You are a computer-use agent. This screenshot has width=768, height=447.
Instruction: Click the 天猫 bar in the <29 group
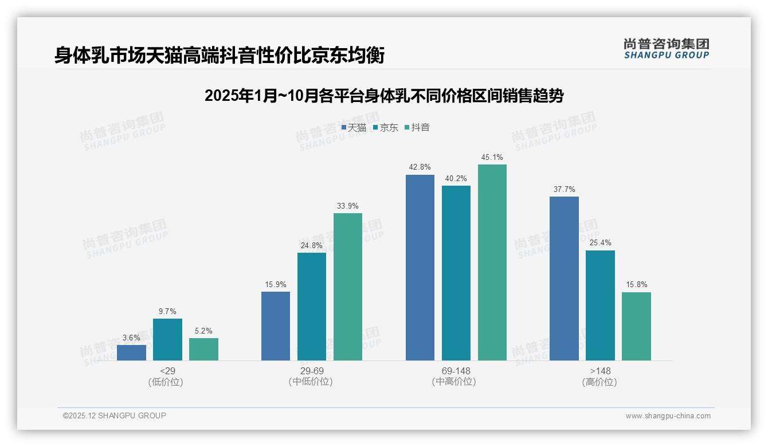coord(131,352)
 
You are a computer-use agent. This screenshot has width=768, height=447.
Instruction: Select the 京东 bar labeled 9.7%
coord(167,339)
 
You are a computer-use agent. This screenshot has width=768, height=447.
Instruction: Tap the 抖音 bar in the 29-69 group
coord(348,287)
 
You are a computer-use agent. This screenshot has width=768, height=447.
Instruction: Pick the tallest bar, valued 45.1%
coord(492,262)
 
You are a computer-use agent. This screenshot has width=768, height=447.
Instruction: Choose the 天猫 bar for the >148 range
coord(564,279)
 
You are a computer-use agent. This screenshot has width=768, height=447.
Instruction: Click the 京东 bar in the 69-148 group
coord(456,273)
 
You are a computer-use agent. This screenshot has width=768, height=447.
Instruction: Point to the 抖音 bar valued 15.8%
coord(636,326)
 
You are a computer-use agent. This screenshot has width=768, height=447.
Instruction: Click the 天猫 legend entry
coord(354,128)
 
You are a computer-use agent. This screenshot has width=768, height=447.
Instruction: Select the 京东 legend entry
coord(386,128)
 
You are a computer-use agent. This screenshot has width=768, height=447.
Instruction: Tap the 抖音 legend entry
coord(417,128)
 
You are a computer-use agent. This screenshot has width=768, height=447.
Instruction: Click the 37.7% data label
coord(564,190)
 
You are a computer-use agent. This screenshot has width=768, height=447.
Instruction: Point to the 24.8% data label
coord(312,245)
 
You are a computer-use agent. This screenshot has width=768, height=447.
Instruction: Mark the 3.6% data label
coord(131,338)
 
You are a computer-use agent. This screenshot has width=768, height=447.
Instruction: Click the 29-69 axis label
coord(312,371)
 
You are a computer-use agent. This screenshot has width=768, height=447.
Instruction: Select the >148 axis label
coord(600,371)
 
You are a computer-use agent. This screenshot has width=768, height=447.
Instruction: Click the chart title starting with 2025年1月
coord(384,96)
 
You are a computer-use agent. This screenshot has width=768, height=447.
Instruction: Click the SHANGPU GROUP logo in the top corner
coord(667,48)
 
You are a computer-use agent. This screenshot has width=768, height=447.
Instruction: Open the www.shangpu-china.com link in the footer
coord(668,416)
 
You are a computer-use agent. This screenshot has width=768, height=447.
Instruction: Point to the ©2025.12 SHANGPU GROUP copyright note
coord(115,415)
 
